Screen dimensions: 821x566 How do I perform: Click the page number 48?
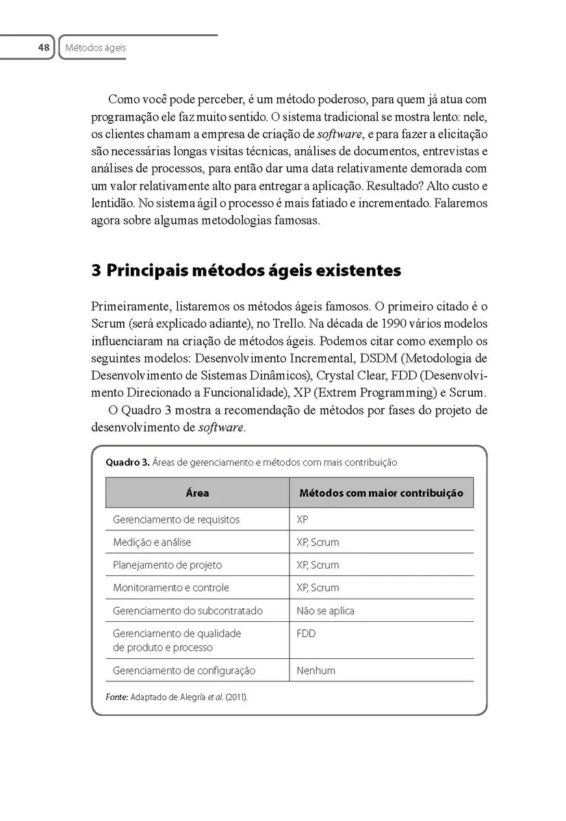[x=44, y=48]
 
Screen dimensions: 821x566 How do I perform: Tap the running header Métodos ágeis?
[x=95, y=48]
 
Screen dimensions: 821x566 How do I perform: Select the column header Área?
[x=197, y=493]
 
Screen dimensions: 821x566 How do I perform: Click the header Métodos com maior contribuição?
[x=381, y=493]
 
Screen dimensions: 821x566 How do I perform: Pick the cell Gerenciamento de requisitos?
[x=176, y=519]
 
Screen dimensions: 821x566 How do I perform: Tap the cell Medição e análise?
[x=152, y=542]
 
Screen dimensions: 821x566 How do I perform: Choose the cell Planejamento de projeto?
[x=167, y=565]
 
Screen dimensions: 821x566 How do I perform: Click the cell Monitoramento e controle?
[x=170, y=588]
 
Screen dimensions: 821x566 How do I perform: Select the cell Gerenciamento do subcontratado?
[x=188, y=610]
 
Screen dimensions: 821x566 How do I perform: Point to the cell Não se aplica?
[x=325, y=610]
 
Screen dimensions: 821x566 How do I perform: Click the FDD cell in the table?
[x=306, y=634]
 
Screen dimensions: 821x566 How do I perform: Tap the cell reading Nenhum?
[x=316, y=670]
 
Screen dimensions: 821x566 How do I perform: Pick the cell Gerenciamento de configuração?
[x=183, y=670]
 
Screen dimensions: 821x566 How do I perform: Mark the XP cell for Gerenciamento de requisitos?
[x=303, y=519]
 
